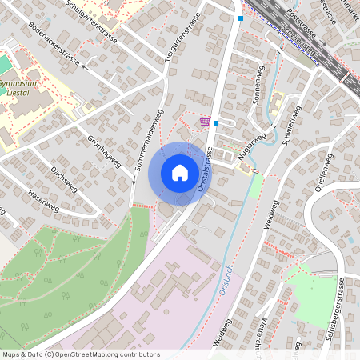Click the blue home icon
point(180,173)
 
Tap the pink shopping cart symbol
point(206,122)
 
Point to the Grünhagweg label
point(105,151)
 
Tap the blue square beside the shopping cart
point(216,124)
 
